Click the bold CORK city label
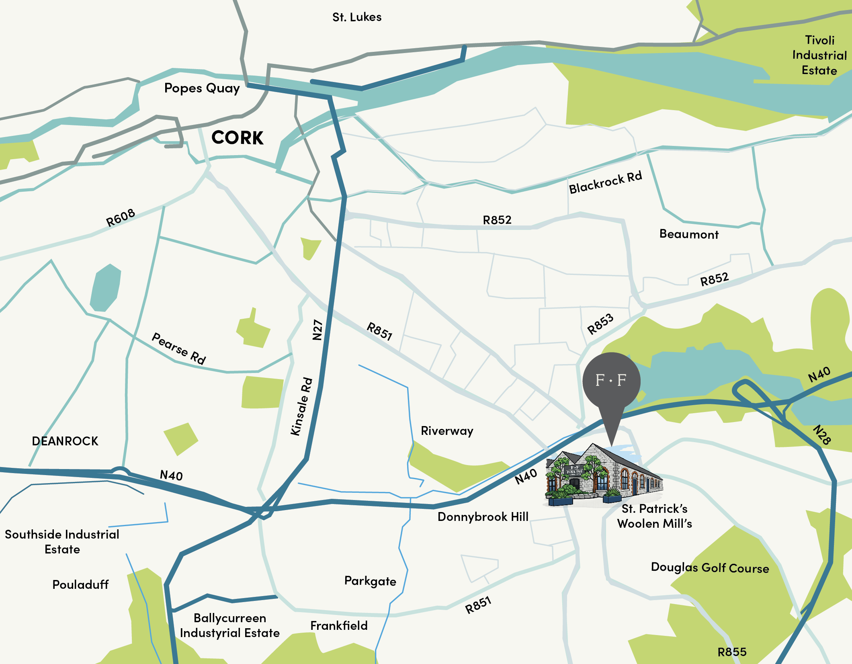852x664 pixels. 237,138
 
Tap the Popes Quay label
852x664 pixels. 202,88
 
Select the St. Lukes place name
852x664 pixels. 357,17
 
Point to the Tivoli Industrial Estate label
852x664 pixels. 819,55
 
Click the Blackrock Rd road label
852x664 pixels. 605,182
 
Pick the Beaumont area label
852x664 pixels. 689,234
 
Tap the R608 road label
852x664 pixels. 120,218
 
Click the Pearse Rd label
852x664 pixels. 179,348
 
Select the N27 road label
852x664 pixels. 317,330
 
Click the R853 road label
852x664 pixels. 600,324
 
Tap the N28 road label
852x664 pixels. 821,434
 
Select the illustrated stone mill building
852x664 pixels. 603,474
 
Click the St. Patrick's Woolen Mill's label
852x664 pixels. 654,516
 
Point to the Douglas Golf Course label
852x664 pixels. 710,568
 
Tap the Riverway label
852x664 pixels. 447,431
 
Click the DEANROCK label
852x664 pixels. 65,441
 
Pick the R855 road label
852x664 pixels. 732,652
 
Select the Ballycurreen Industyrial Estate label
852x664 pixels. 230,625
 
